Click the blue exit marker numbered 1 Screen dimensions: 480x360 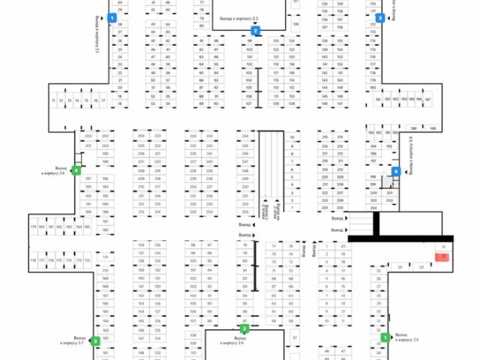(x=112, y=16)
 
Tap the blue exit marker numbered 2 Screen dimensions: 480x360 (x=256, y=31)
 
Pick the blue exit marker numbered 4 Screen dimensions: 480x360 (x=397, y=171)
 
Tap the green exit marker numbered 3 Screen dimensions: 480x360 (x=95, y=341)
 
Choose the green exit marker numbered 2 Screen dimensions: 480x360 (x=244, y=328)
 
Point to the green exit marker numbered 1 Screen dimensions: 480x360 (x=385, y=338)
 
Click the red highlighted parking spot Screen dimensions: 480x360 (x=443, y=256)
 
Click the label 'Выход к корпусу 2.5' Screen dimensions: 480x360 (x=406, y=338)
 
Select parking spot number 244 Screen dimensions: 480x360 (x=244, y=136)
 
